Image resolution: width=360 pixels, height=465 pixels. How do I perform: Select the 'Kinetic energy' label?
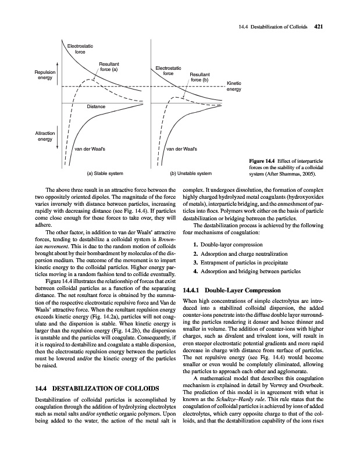[233, 86]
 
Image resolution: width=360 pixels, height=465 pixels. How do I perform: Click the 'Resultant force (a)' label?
[109, 66]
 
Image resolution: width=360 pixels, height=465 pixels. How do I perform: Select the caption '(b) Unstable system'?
[191, 173]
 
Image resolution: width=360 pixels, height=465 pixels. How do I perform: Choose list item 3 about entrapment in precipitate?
[244, 262]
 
